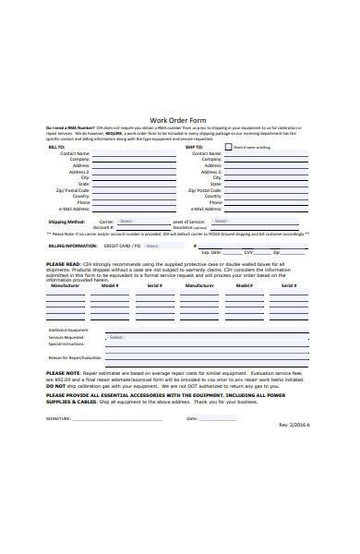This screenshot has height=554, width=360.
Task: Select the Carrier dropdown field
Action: pyautogui.click(x=138, y=221)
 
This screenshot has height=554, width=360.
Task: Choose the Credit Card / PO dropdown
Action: pyautogui.click(x=162, y=246)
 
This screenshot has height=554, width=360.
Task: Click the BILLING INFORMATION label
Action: pyautogui.click(x=72, y=247)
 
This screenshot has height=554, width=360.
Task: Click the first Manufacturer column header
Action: pyautogui.click(x=64, y=286)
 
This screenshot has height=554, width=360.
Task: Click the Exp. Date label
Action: pyautogui.click(x=210, y=251)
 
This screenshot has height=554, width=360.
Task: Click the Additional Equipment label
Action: pyautogui.click(x=69, y=330)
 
